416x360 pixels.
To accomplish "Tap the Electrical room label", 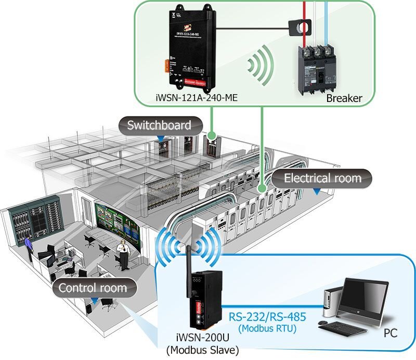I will [x=322, y=178].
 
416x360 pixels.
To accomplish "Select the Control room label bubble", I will [x=92, y=288].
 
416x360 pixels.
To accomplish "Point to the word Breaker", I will [x=344, y=98].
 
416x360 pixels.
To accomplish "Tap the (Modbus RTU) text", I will [x=267, y=328].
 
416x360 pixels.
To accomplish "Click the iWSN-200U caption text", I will [x=198, y=338].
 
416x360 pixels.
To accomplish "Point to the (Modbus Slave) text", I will [x=198, y=350].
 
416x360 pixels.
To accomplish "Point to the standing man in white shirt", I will [x=123, y=255].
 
